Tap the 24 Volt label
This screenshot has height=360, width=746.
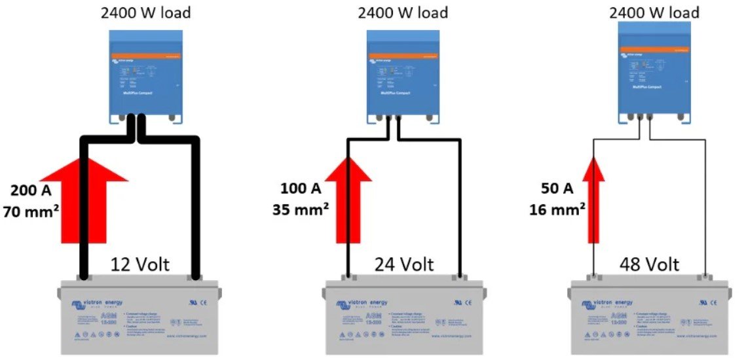(404, 264)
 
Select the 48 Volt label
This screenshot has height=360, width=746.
(648, 264)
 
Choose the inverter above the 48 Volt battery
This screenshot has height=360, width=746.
(653, 76)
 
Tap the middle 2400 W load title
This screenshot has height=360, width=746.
(403, 12)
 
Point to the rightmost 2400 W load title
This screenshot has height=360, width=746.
(654, 12)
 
